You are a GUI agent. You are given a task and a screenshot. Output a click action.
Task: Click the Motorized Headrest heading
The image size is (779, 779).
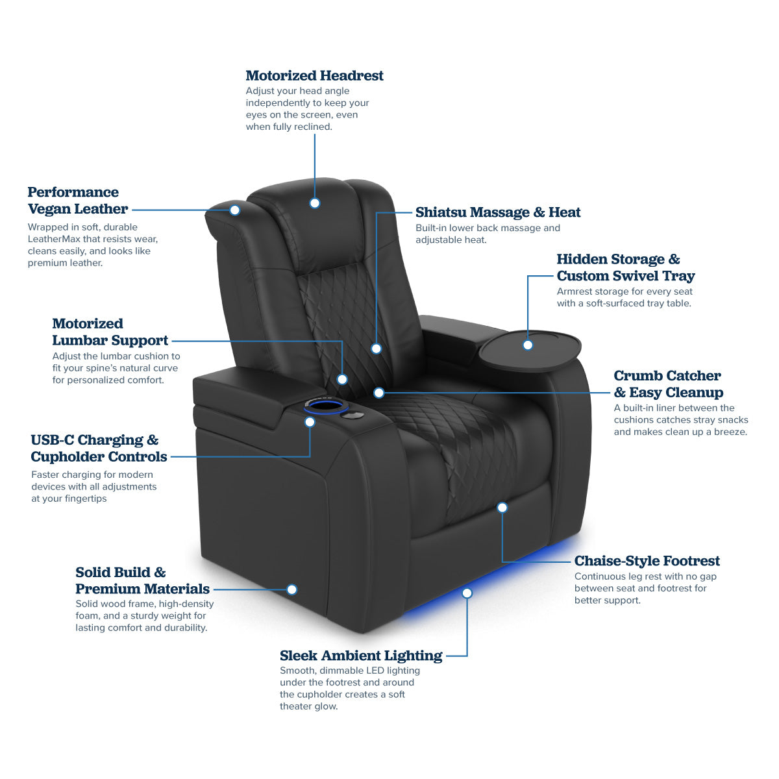click(x=314, y=76)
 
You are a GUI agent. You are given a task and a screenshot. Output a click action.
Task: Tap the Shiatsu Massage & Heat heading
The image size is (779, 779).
click(x=497, y=212)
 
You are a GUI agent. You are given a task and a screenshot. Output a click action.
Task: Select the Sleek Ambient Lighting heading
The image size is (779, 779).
click(x=361, y=656)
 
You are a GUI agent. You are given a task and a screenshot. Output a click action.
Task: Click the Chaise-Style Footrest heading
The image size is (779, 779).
click(x=647, y=561)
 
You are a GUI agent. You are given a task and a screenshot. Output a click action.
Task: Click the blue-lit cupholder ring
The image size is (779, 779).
click(x=325, y=407)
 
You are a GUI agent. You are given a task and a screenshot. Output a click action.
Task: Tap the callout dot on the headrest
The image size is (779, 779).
click(x=315, y=203)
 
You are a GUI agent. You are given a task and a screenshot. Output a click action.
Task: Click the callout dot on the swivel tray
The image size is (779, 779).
click(x=528, y=345)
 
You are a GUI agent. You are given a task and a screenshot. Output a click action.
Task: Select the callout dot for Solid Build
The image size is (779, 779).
click(x=292, y=589)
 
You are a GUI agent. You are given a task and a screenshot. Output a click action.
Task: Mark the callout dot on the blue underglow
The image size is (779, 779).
click(x=467, y=593)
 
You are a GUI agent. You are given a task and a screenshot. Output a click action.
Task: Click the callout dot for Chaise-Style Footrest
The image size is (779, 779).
click(x=502, y=507)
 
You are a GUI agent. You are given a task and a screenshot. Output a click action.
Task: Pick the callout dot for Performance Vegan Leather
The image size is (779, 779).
click(x=235, y=210)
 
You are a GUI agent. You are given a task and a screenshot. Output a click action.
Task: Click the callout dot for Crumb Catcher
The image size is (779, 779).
click(x=379, y=393)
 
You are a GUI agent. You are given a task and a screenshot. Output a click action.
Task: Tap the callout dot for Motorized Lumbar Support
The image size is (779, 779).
click(x=342, y=379)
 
